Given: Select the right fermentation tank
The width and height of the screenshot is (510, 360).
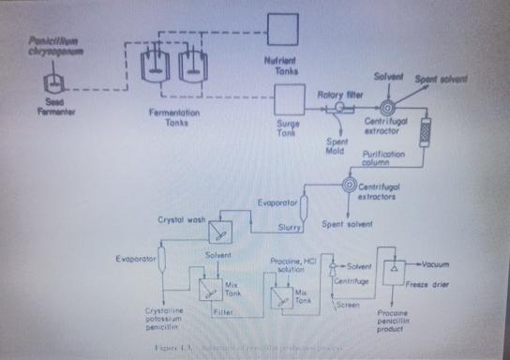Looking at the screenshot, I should pyautogui.click(x=191, y=64).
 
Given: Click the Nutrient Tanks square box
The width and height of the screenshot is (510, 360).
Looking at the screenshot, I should pyautogui.click(x=280, y=29).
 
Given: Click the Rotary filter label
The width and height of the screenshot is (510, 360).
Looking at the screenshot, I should pyautogui.click(x=335, y=94).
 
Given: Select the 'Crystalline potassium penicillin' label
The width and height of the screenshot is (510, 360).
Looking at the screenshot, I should pyautogui.click(x=169, y=316).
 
